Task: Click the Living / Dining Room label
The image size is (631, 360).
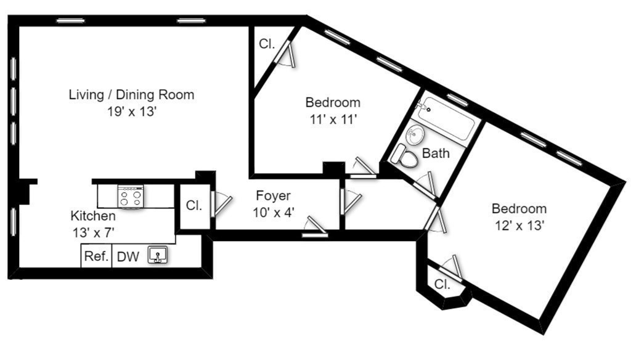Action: point(131,95)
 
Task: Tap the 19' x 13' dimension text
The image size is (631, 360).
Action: point(131,112)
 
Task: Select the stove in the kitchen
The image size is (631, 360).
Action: point(131,196)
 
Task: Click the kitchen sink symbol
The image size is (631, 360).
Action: point(157,256)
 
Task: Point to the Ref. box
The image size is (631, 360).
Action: point(96,256)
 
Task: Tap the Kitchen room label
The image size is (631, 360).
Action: point(92,216)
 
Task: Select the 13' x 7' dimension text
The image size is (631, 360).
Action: point(92,232)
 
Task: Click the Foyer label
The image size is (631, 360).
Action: point(273,196)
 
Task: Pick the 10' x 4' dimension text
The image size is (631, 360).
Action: point(273,212)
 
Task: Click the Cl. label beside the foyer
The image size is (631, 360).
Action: point(194,206)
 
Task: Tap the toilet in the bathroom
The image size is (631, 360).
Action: point(405,157)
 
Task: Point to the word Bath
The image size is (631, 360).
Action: point(436,153)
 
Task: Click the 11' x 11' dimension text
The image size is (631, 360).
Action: point(333,120)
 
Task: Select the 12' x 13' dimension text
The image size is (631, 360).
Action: point(518,226)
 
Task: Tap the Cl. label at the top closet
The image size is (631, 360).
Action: point(266,44)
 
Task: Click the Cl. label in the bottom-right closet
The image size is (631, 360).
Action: point(442,285)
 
